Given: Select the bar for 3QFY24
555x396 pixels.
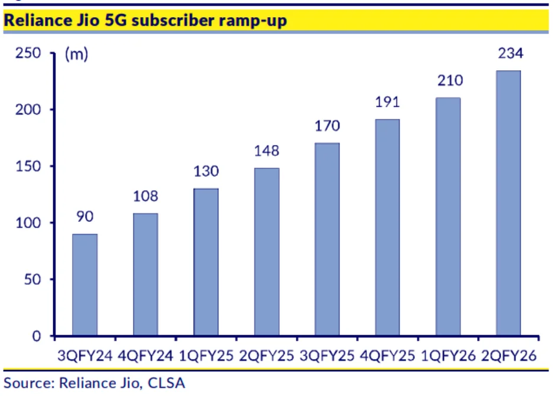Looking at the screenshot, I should point(85,285).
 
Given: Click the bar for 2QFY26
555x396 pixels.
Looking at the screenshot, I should point(508,203).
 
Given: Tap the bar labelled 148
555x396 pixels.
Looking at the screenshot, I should point(266,252).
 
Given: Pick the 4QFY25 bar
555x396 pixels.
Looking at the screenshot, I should point(387,227).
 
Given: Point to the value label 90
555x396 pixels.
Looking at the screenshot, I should point(85,218).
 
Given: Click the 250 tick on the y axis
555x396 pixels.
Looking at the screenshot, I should point(28,54).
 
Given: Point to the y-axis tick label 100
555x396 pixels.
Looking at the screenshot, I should point(28,223).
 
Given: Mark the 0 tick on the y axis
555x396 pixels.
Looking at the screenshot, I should point(37,336).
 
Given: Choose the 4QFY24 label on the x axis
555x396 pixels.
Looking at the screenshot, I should point(145,356).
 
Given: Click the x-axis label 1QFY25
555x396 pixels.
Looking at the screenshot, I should point(206,356).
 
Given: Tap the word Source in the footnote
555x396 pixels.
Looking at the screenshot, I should point(25,382).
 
